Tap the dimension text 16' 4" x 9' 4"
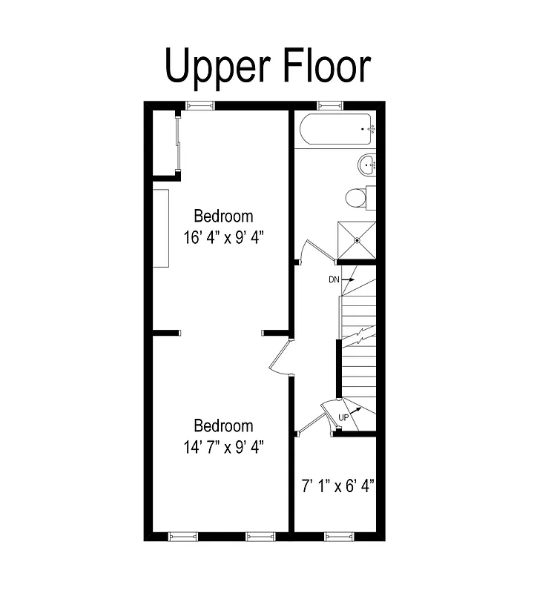224,238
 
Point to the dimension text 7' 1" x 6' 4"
337,486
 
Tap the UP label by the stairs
343,418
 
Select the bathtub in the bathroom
335,130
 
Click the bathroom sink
367,165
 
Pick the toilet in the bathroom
357,198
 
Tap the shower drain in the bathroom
357,240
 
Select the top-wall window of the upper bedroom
200,105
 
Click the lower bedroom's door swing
280,359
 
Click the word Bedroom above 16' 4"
223,216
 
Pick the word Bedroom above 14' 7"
223,426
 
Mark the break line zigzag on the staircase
358,337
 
